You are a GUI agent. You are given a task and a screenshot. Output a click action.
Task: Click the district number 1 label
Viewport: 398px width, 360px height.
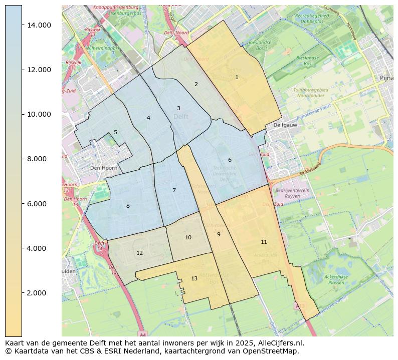237,77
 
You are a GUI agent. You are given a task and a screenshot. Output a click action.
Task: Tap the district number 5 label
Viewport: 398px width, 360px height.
115,133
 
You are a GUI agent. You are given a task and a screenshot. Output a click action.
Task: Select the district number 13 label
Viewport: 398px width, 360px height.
194,278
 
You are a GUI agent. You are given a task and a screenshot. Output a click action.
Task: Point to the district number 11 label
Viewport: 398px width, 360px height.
264,242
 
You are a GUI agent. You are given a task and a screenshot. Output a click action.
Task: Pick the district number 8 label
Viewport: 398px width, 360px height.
128,206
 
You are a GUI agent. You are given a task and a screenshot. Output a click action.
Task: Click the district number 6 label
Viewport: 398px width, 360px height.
230,160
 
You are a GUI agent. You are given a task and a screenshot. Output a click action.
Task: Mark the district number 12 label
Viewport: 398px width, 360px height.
139,253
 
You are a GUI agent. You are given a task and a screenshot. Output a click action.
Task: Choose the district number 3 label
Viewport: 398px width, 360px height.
178,109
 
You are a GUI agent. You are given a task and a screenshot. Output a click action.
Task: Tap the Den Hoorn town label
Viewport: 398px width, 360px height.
103,168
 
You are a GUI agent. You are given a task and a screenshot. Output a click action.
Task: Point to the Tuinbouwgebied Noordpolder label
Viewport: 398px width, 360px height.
310,93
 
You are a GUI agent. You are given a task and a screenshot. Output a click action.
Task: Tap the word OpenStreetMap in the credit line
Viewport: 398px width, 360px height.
273,351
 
